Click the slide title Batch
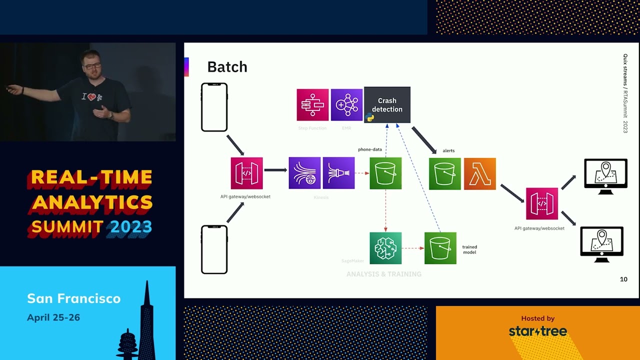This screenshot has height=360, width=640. pos(227,67)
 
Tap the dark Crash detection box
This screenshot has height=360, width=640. pos(387,105)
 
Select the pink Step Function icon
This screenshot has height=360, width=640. pos(312,105)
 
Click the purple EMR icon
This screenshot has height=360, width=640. pos(346,105)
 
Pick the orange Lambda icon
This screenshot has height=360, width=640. pos(480,173)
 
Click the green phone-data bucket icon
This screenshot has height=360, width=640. pos(385,173)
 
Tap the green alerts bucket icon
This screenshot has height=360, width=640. pos(444,173)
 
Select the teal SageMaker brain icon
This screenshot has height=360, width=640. pos(385,248)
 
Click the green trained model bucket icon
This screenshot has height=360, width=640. pos(440,248)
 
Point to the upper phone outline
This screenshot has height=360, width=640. pos(214,107)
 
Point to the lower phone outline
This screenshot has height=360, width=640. pos(214,249)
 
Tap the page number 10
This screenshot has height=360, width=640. pos(623,279)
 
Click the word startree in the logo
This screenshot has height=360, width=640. pos(538,331)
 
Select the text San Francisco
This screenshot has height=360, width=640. pos(74,298)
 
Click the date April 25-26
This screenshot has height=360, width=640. pos(53,317)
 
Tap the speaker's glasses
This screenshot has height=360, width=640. pos(93,65)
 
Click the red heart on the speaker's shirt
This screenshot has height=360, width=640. pos(91,97)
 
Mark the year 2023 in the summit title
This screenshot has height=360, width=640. pos(131,227)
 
